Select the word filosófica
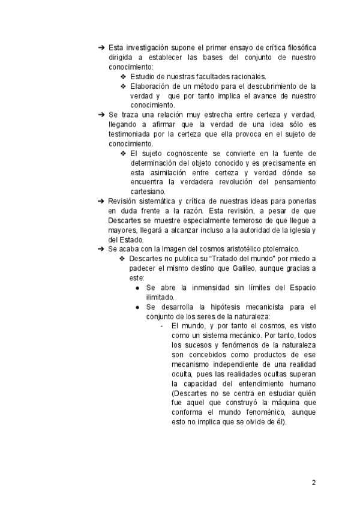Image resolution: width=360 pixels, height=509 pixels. [298, 47]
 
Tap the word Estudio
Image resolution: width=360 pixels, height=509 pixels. [144, 77]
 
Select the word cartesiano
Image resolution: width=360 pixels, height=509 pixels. [149, 192]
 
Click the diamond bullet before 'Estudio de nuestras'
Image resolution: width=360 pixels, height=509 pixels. [123, 77]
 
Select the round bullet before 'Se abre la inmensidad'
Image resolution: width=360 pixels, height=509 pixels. [138, 288]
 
